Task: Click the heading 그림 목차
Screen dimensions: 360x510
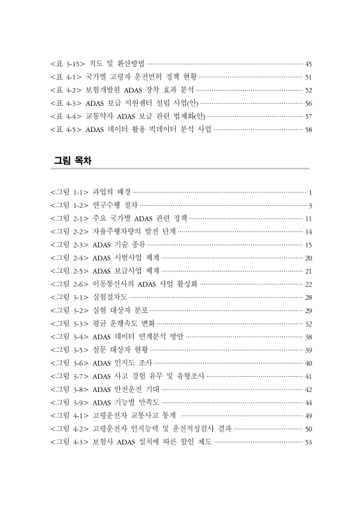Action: [x=71, y=161]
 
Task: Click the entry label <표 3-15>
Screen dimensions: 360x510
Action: [x=67, y=64]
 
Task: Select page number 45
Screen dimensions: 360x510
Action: [x=308, y=64]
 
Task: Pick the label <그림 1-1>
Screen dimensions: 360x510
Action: [x=68, y=192]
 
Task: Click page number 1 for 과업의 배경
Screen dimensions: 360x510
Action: [x=310, y=192]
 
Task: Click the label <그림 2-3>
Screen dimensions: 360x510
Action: [x=68, y=245]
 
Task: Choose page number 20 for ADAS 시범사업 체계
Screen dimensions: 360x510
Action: [x=308, y=258]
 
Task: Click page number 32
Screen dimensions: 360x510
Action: [x=308, y=324]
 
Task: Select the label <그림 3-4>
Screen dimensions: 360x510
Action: [x=68, y=337]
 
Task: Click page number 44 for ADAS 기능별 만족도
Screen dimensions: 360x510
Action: [x=308, y=403]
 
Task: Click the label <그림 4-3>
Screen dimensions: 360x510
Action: [x=68, y=442]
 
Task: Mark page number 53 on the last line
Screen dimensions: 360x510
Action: [x=308, y=442]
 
